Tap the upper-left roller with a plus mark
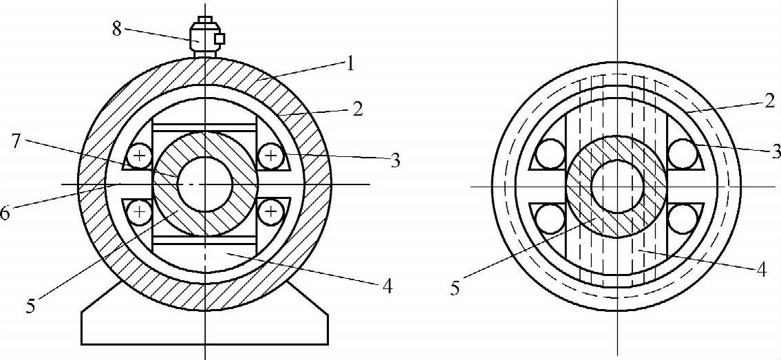coord(140,158)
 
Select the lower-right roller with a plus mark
coord(270,213)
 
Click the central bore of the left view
coord(204,184)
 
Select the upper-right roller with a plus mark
coord(270,158)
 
